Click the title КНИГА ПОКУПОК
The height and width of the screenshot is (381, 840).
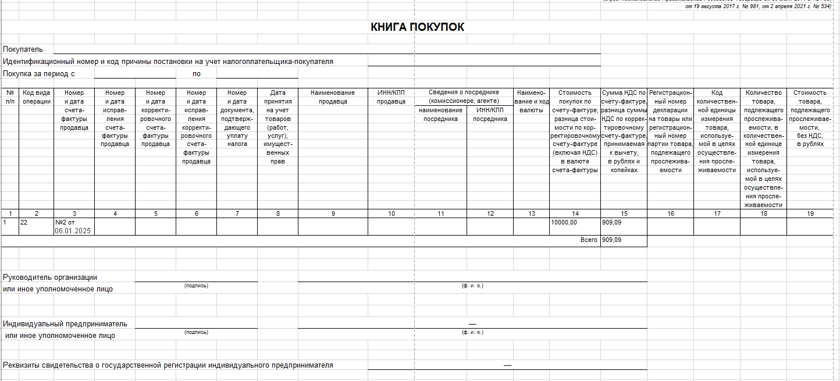(x=417, y=27)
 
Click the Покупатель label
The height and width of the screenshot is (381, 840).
(x=23, y=49)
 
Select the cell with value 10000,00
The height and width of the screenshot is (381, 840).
(x=564, y=222)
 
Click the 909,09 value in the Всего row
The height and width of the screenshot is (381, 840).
(x=611, y=240)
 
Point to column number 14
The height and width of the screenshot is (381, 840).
(x=575, y=213)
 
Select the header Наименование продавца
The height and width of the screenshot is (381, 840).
(x=333, y=97)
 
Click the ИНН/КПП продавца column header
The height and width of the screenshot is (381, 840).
(x=391, y=97)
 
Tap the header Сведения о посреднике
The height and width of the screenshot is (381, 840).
(x=464, y=97)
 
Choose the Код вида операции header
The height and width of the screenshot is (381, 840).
(x=36, y=97)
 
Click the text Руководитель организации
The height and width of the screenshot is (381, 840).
(x=50, y=277)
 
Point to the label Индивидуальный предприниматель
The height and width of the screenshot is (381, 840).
(x=65, y=324)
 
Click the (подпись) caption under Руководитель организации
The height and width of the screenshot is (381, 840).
(x=196, y=286)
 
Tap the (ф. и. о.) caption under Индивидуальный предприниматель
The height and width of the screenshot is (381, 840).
(x=472, y=332)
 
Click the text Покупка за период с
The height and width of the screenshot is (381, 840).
(x=40, y=74)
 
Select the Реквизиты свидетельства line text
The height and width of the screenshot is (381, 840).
(x=168, y=365)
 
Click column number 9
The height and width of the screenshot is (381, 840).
(x=333, y=213)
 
